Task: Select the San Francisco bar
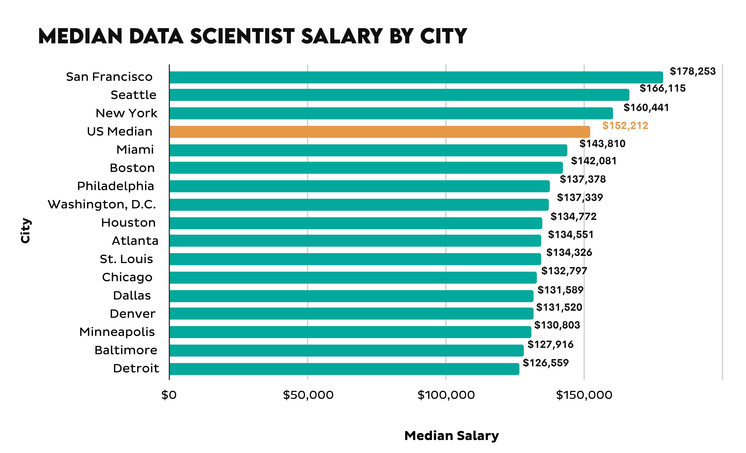(416, 77)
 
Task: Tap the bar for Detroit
(344, 369)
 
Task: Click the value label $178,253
(692, 71)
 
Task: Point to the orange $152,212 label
(625, 125)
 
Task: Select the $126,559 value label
(546, 363)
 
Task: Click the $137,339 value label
(580, 197)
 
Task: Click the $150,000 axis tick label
(584, 395)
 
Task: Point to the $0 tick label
(169, 395)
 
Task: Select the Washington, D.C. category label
(102, 205)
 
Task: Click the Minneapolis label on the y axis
(117, 332)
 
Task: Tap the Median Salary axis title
(452, 435)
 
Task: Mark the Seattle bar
(399, 95)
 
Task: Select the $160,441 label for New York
(646, 108)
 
